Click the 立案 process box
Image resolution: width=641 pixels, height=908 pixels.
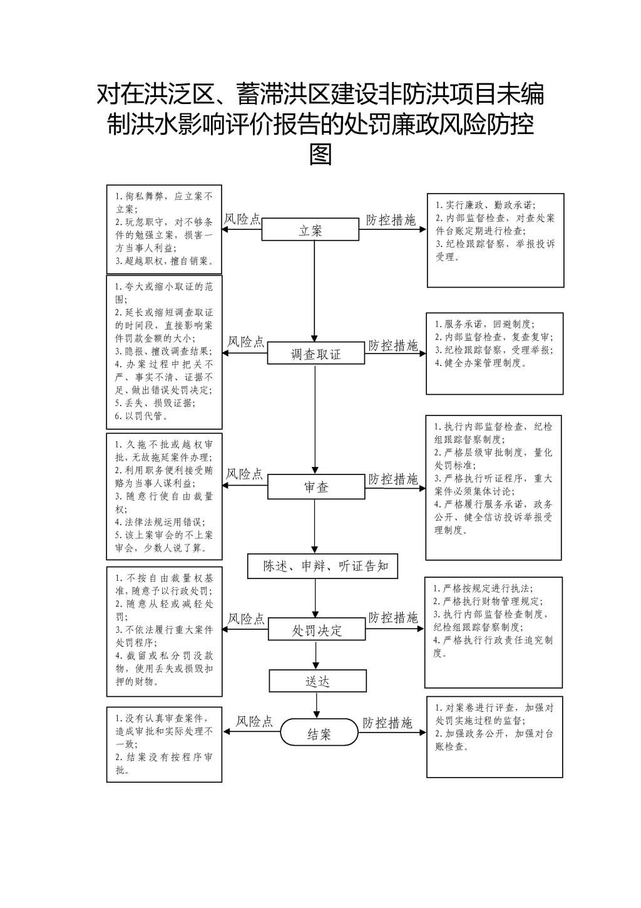point(310,229)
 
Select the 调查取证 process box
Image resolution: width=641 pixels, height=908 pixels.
point(315,353)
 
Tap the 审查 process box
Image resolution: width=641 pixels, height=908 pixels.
point(316,487)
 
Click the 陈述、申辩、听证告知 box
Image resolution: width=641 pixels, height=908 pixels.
point(322,566)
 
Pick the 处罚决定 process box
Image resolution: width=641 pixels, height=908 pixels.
point(317,629)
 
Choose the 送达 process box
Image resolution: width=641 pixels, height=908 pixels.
point(317,681)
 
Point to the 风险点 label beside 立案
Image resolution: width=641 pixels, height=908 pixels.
point(242,219)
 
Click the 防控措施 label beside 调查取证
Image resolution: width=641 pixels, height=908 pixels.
point(393,345)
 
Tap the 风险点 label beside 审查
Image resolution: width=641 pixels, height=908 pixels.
point(245,474)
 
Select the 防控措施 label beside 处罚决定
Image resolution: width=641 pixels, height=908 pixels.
point(393,617)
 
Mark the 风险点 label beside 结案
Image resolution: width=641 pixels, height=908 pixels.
point(255,721)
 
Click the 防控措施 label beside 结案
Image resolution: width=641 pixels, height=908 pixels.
point(387,723)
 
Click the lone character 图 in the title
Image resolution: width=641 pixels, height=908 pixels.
point(320,154)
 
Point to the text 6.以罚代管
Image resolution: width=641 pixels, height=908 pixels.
point(141,416)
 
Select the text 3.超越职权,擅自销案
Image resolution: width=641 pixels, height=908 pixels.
point(165,261)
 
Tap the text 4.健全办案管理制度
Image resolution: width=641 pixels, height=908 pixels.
point(481,363)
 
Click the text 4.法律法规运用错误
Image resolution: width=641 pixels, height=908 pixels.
point(160,522)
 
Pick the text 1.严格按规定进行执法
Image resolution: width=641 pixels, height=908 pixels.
point(483,588)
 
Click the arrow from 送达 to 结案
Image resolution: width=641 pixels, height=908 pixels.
point(317,705)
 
